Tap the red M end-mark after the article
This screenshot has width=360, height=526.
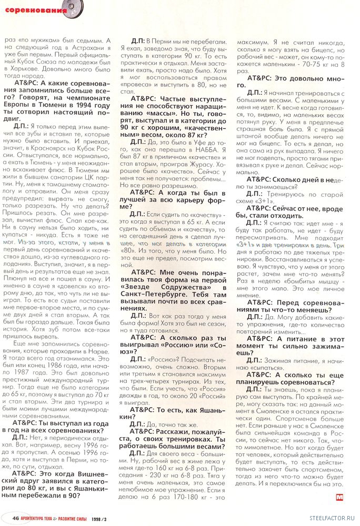click(339, 495)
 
